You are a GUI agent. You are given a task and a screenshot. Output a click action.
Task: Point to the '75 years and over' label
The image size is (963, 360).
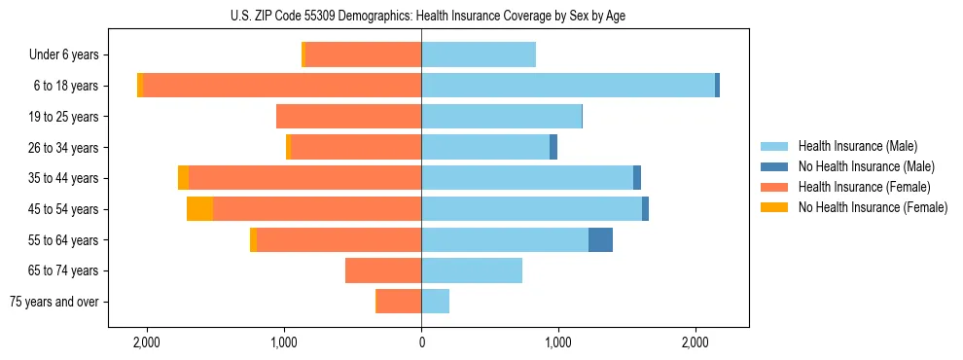[54, 302]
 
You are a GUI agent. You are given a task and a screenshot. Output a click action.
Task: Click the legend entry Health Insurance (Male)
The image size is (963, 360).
[857, 146]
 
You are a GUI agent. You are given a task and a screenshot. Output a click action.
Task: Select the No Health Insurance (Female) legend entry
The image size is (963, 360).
[873, 207]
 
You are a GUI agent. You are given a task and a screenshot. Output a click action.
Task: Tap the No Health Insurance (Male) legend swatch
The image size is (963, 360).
[774, 166]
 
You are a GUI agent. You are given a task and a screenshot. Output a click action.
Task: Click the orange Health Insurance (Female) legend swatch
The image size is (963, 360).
[774, 187]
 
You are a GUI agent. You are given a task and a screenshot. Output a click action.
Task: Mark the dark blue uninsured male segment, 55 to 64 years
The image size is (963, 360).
[600, 239]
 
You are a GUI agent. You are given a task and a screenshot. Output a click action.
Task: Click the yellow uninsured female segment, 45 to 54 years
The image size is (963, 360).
[199, 209]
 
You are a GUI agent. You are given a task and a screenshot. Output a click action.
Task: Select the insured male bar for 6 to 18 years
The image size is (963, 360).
[568, 86]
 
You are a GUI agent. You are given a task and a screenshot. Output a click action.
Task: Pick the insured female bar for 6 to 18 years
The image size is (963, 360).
[282, 86]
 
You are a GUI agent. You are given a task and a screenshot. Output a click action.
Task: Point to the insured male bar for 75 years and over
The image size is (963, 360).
[435, 302]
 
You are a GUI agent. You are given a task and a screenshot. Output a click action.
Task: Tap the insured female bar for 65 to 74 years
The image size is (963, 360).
[383, 270]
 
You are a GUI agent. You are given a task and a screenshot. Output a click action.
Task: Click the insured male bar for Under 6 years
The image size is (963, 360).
[479, 54]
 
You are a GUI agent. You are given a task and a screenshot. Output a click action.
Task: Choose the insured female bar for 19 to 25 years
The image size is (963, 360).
[348, 117]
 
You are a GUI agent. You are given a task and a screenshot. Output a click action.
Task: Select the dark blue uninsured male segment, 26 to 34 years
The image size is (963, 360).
[553, 147]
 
